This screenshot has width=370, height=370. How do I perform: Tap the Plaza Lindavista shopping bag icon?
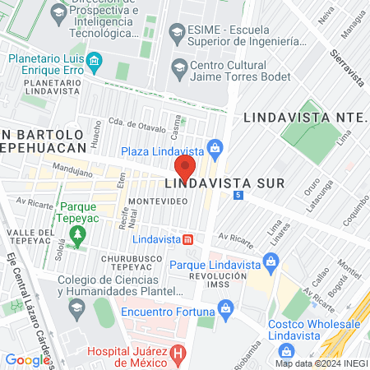point(215,149)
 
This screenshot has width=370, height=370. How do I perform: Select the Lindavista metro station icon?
point(188,239)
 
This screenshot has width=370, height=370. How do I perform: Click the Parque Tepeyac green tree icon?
point(78,235)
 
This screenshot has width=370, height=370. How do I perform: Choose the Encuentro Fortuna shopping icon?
point(224,310)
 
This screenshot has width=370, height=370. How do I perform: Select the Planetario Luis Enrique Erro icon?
point(95,60)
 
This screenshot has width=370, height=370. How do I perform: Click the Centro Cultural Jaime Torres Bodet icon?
point(177,67)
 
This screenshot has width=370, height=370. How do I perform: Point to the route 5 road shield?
point(238,195)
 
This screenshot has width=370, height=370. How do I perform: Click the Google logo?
point(26,359)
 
